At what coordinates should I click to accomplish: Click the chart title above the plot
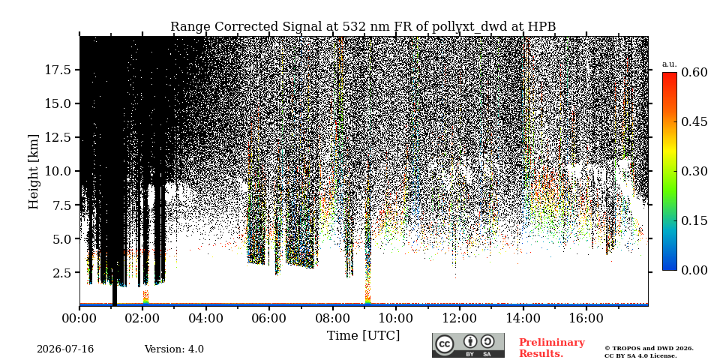click(x=363, y=27)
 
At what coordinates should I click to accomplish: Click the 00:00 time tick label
click(x=79, y=318)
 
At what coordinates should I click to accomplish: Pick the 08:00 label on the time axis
click(x=333, y=318)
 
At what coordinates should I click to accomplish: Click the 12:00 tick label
click(x=460, y=318)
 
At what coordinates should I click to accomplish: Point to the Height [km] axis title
click(x=34, y=171)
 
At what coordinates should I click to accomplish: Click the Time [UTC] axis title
click(x=363, y=336)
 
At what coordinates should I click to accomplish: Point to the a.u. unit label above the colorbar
click(x=670, y=64)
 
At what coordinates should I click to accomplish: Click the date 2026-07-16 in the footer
click(x=65, y=349)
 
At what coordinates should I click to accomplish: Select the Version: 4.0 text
click(x=174, y=349)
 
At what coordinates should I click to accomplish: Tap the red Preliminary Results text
click(x=552, y=348)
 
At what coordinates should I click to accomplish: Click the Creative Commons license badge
click(x=468, y=345)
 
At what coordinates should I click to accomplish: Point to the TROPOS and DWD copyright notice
click(x=649, y=352)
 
